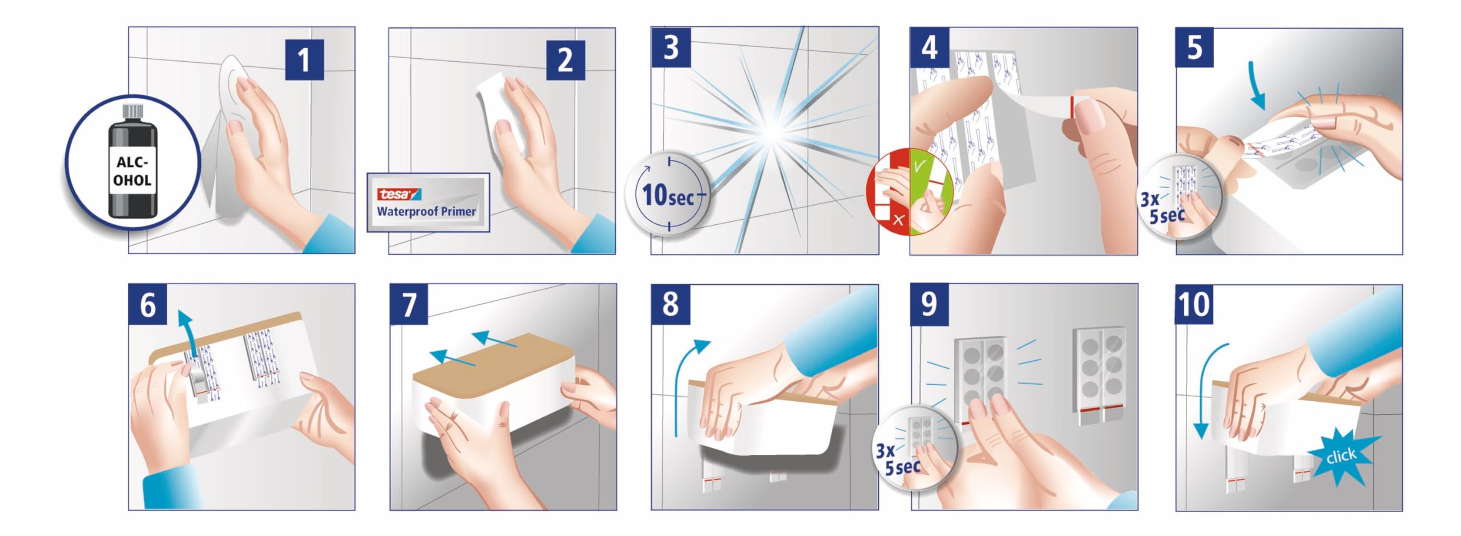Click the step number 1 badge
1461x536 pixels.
[x=304, y=60]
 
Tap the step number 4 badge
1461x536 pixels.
[x=929, y=47]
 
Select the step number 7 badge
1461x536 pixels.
[x=409, y=304]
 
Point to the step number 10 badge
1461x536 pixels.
[x=1194, y=304]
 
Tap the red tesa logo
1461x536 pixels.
[x=398, y=195]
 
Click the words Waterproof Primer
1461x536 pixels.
[x=426, y=212]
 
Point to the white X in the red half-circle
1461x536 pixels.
[x=899, y=220]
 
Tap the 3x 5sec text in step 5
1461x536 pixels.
[x=1162, y=208]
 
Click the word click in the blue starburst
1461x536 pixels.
[x=1341, y=456]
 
